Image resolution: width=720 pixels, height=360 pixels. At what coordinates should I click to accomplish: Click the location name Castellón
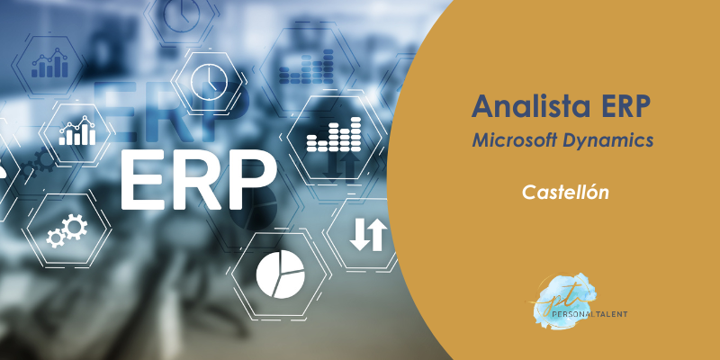565,192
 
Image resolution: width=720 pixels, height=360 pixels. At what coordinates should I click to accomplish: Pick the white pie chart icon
280,274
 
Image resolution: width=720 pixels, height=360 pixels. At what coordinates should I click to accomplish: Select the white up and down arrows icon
368,234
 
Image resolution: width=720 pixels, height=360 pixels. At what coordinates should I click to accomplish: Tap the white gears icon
67,230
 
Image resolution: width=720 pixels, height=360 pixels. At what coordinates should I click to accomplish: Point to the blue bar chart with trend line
49,63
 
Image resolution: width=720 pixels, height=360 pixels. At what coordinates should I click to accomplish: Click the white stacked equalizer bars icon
334,134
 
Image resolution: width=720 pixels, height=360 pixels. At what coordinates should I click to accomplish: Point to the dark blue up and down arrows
341,165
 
